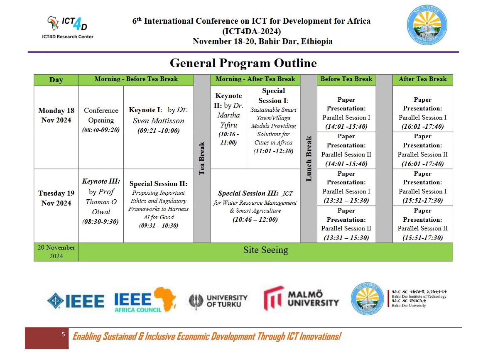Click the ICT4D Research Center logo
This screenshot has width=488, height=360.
click(x=70, y=27)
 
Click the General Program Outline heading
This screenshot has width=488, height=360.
click(x=243, y=63)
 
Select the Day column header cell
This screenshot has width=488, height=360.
click(x=56, y=80)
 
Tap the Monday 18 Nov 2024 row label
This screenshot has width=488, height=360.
click(x=56, y=115)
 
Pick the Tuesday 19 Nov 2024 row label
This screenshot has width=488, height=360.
click(x=56, y=198)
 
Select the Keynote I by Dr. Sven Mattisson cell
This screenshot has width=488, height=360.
click(x=158, y=120)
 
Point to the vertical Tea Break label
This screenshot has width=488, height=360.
click(x=202, y=158)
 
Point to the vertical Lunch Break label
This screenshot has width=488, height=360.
click(x=309, y=158)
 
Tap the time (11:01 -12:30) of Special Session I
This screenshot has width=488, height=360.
click(x=273, y=151)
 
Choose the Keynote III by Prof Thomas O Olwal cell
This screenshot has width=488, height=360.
click(x=101, y=201)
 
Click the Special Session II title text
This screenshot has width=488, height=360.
click(x=158, y=184)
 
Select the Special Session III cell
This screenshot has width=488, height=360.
click(x=255, y=206)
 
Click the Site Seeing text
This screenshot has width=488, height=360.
click(x=265, y=250)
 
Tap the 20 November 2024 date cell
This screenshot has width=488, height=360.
click(x=56, y=252)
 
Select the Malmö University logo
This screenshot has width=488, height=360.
click(x=301, y=298)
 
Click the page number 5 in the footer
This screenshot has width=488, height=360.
click(x=63, y=334)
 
